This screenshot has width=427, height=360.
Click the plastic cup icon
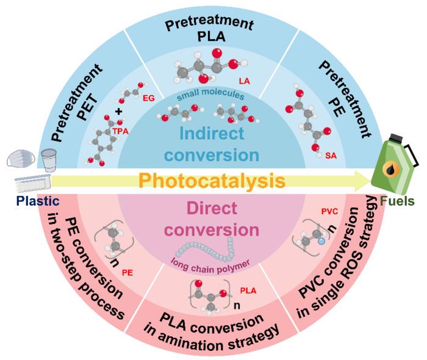pyautogui.click(x=48, y=159)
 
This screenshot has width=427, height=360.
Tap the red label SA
pyautogui.click(x=331, y=156)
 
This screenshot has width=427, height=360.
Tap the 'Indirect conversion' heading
pyautogui.click(x=212, y=144)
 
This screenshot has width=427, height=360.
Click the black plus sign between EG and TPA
pyautogui.click(x=119, y=112)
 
